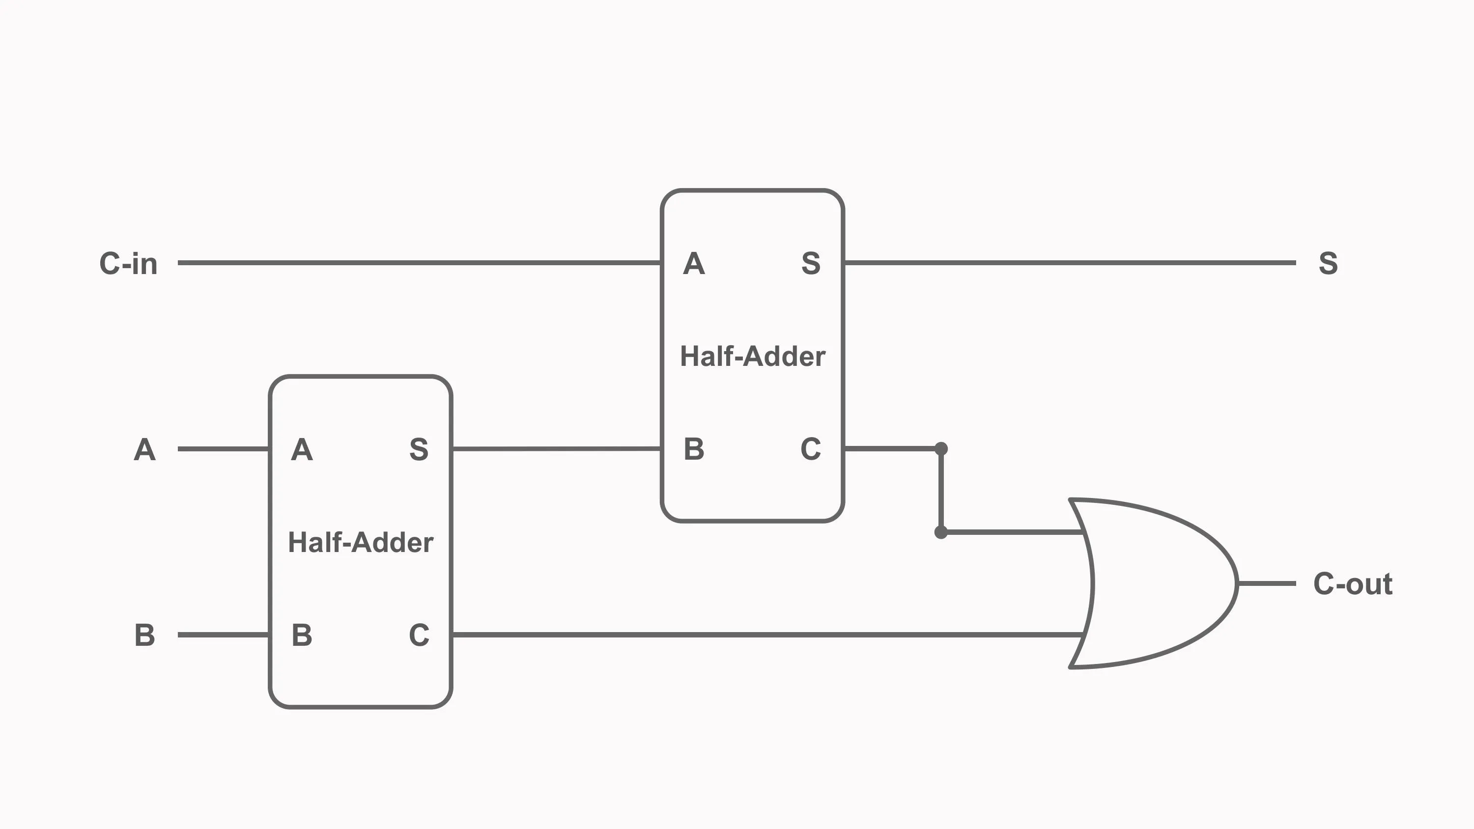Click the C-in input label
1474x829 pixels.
(128, 264)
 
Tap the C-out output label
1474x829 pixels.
(1352, 584)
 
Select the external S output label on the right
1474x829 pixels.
(1328, 264)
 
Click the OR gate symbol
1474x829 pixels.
(1156, 583)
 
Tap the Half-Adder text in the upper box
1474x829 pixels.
(752, 357)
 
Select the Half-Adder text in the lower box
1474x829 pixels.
(361, 542)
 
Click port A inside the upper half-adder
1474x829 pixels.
(693, 264)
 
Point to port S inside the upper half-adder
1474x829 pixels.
(811, 264)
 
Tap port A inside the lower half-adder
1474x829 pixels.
(302, 450)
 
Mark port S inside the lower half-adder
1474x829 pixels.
(419, 450)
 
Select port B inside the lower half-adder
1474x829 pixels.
(302, 635)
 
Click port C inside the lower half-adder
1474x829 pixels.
(419, 635)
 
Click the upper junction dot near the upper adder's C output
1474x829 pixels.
(941, 448)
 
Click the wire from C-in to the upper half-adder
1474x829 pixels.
(418, 263)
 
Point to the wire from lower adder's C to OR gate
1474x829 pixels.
(767, 635)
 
